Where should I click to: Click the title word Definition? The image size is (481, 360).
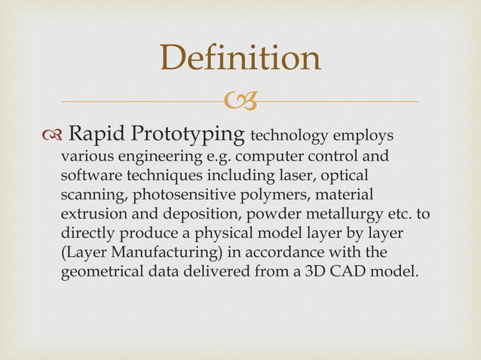pos(240,59)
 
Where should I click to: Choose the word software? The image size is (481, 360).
pos(89,176)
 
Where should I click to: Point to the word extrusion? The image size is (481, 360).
pos(93,215)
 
